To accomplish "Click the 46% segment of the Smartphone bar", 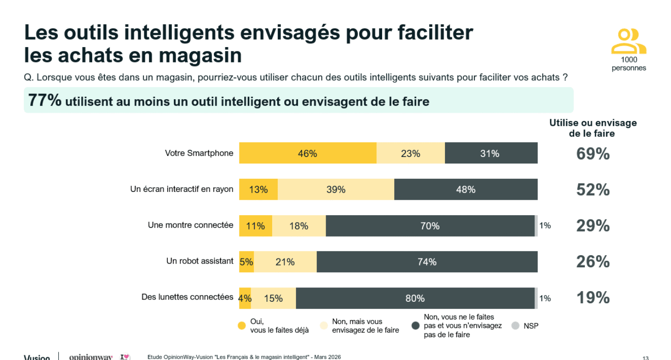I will pos(308,153).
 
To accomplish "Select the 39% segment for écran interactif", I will pos(335,190).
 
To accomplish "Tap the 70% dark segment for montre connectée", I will pos(430,226).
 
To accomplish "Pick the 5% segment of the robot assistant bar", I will pos(246,262).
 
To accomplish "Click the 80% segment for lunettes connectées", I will pos(415,298).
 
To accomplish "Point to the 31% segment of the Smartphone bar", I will pos(490,153).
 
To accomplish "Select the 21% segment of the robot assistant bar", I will pos(285,262).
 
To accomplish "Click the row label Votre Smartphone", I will pos(199,153).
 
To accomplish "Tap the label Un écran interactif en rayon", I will pos(182,190).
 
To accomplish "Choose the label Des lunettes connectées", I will pos(187,297).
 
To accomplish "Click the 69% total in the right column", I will pos(593,154).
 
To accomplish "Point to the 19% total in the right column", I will pos(593,298).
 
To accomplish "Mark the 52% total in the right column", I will pos(593,190).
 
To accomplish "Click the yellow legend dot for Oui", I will pos(242,326).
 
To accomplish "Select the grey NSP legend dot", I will pos(515,326).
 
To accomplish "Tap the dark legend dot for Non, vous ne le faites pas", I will pos(416,326).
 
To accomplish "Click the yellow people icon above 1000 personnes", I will pos(629,41).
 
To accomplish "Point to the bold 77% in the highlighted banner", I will pos(45,100).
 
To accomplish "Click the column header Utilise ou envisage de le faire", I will pos(593,128).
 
